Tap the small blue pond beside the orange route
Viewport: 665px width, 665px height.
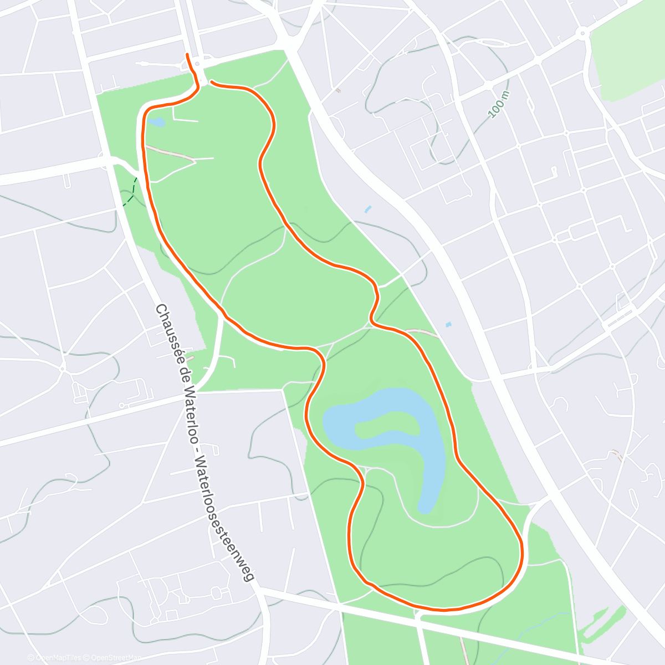point(156,122)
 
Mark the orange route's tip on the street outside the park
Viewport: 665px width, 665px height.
point(188,55)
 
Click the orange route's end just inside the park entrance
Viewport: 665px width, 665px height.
point(212,83)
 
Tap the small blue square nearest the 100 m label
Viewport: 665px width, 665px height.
point(367,209)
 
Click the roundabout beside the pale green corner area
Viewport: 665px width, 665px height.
point(582,33)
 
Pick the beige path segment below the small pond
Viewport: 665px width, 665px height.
point(169,153)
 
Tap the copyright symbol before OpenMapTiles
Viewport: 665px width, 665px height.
point(30,658)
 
